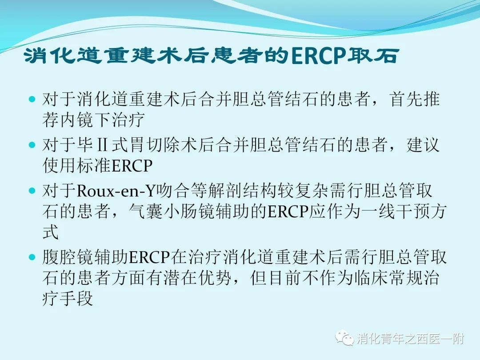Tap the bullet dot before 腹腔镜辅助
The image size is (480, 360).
point(32,257)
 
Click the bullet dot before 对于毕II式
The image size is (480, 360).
point(32,145)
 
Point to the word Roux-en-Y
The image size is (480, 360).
point(116,191)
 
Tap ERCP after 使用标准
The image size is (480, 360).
point(132,166)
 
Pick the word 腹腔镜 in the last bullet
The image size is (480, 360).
point(68,257)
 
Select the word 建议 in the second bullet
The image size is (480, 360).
point(423,145)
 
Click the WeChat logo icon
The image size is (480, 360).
point(344,338)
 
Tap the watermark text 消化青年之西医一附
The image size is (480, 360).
point(410,339)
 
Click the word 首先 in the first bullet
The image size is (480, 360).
point(406,99)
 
